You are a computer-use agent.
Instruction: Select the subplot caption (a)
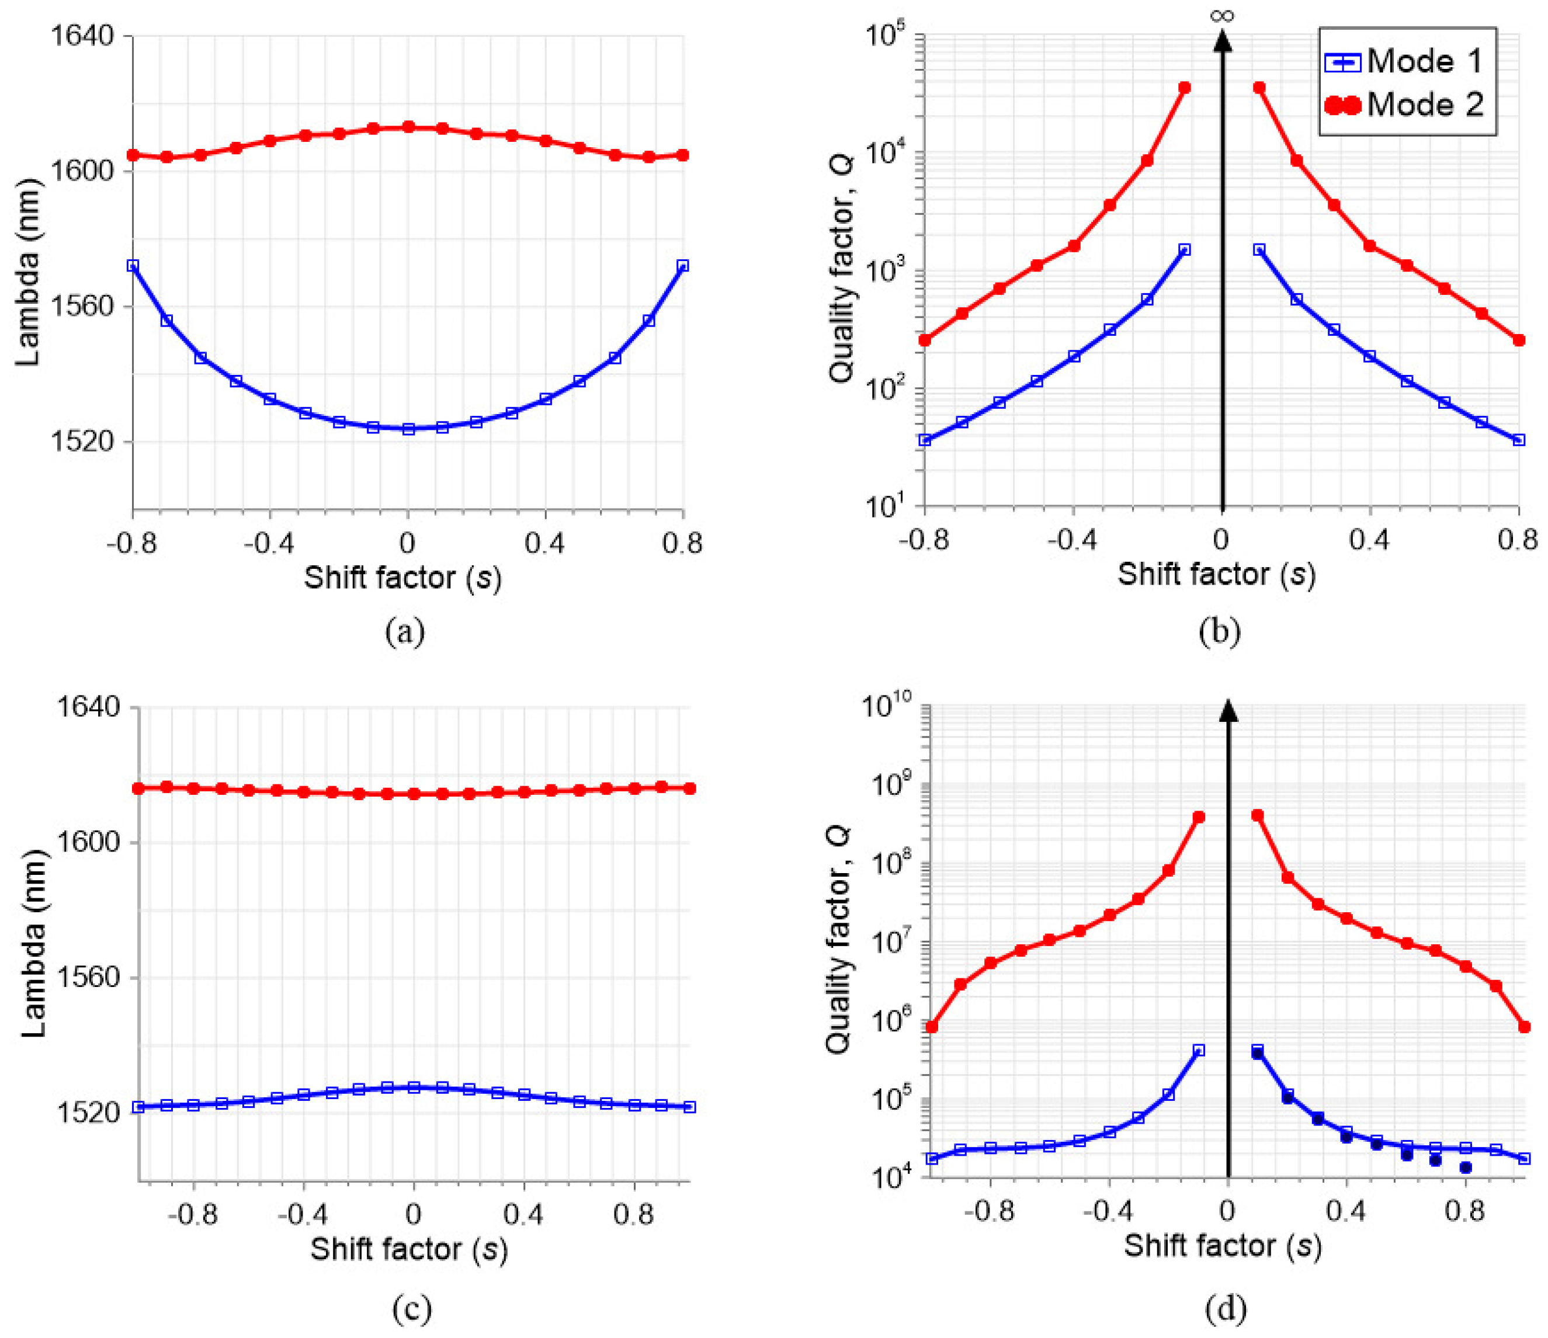404,632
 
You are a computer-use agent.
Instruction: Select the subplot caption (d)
1225,1306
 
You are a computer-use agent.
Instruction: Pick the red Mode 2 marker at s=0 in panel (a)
408,127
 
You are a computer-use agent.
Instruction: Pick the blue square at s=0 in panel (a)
408,429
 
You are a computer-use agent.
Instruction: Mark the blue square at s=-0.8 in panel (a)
133,265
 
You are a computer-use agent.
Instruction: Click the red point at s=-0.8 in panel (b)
925,340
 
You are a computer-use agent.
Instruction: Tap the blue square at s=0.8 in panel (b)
1518,440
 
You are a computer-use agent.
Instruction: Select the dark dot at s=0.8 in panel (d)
1465,1167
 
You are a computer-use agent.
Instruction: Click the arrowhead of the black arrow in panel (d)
1228,711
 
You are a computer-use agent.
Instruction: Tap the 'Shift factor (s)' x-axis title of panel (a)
402,578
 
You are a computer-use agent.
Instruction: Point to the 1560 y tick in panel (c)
88,977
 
